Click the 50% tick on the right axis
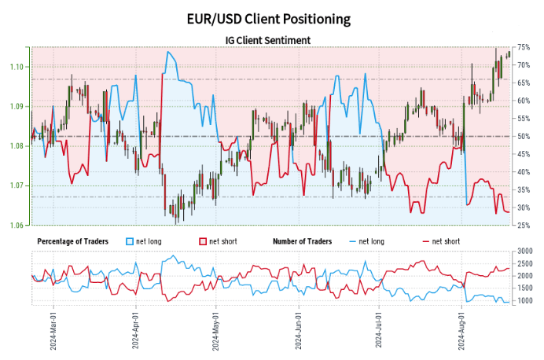coord(524,137)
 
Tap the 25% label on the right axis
coord(524,226)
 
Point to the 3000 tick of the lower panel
coord(525,251)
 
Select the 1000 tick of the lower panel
coord(525,301)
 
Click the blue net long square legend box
coord(130,241)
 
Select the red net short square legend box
coord(202,241)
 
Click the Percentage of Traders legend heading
coord(75,241)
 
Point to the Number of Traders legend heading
coord(302,241)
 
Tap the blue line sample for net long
coord(351,241)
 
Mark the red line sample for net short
coord(428,241)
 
